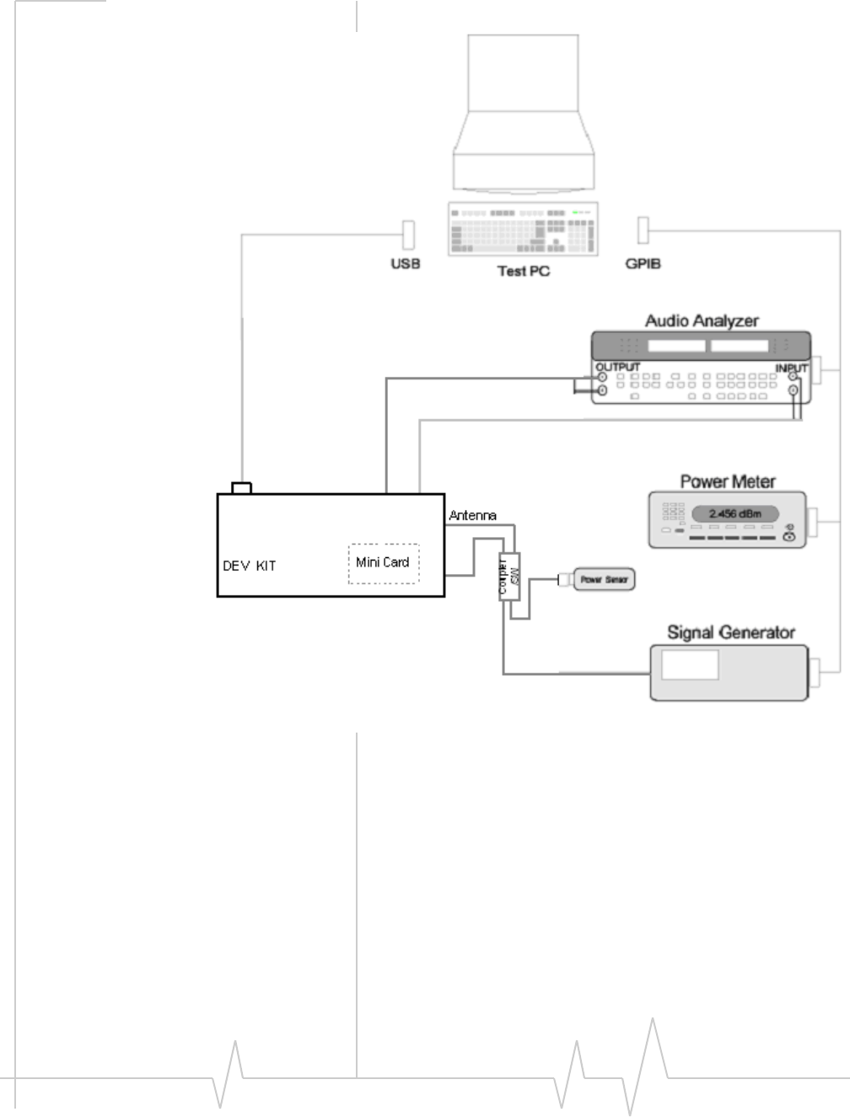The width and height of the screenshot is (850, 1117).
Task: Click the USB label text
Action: (x=405, y=264)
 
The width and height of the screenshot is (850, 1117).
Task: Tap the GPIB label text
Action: (x=643, y=264)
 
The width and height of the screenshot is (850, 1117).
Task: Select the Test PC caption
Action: (x=523, y=271)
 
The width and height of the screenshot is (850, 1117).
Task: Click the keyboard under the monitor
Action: (x=523, y=228)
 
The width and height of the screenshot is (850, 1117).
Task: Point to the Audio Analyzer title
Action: (x=702, y=320)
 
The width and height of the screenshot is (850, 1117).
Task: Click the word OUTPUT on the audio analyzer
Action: (x=617, y=367)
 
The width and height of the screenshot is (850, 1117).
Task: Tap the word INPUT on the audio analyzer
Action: (x=791, y=368)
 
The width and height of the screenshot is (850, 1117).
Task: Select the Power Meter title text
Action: (x=728, y=481)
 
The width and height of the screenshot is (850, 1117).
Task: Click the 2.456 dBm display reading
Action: (x=734, y=513)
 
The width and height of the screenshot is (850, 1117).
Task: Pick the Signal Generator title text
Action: (x=730, y=632)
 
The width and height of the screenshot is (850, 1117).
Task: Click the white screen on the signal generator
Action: (x=690, y=664)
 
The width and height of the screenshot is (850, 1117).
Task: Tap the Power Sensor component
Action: (x=604, y=579)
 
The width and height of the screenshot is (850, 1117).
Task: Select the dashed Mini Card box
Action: (x=384, y=562)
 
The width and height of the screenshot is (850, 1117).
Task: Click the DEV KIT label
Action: (x=249, y=566)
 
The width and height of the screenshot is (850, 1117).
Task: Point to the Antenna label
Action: (x=472, y=515)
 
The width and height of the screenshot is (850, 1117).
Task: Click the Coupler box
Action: (x=509, y=577)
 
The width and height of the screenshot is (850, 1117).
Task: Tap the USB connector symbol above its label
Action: (x=409, y=234)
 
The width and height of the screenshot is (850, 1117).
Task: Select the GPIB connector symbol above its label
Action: (x=643, y=229)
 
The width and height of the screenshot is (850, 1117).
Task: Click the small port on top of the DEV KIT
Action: (x=241, y=488)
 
